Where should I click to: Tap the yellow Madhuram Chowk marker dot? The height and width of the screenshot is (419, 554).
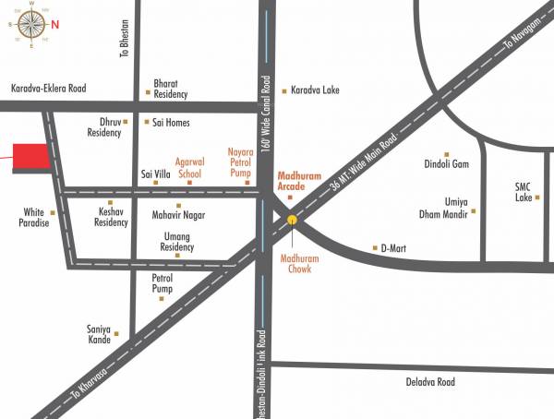click(292, 220)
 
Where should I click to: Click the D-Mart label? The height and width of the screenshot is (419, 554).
click(394, 248)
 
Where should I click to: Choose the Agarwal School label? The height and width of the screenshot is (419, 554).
click(189, 166)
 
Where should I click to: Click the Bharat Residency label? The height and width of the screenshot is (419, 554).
click(171, 89)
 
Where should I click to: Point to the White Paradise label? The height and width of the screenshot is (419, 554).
click(33, 217)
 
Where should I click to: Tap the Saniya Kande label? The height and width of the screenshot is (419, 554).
click(99, 334)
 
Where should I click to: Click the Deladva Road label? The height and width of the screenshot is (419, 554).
click(430, 381)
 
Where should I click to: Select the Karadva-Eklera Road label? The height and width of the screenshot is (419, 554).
click(48, 89)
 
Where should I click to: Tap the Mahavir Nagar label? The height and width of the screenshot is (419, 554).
click(179, 215)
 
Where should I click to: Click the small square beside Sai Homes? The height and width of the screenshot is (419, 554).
click(146, 121)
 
